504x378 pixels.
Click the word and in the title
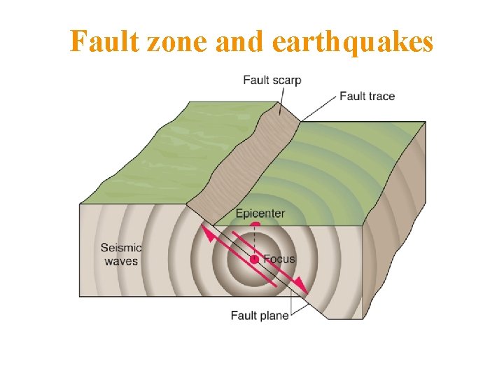239,43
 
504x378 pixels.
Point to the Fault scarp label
272,80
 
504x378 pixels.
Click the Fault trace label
367,96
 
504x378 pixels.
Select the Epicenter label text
260,213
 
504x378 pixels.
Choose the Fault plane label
259,316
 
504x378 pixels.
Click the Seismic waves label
120,254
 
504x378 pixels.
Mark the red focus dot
255,260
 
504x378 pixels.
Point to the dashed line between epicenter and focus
255,241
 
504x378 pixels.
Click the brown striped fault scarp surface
245,161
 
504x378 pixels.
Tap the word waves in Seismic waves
121,261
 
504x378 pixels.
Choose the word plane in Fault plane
274,316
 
